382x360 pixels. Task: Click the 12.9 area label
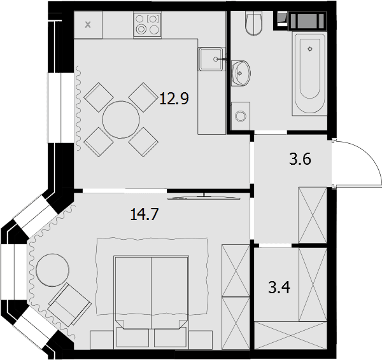pyautogui.click(x=174, y=99)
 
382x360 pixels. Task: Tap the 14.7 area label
pyautogui.click(x=145, y=214)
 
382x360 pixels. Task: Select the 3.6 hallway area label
pyautogui.click(x=300, y=160)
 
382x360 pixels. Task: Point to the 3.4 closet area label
pyautogui.click(x=279, y=287)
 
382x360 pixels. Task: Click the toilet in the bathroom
pyautogui.click(x=254, y=23)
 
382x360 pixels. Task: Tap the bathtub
pyautogui.click(x=310, y=74)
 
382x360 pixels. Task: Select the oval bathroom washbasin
pyautogui.click(x=241, y=73)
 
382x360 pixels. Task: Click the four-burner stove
pyautogui.click(x=148, y=25)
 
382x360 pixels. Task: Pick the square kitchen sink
pyautogui.click(x=210, y=59)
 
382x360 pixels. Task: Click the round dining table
pyautogui.click(x=121, y=120)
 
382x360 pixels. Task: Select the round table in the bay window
pyautogui.click(x=52, y=270)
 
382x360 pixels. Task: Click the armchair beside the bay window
pyautogui.click(x=69, y=305)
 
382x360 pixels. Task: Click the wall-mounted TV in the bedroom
pyautogui.click(x=204, y=198)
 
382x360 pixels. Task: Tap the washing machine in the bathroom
pyautogui.click(x=241, y=116)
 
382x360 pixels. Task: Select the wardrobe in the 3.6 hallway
pyautogui.click(x=313, y=215)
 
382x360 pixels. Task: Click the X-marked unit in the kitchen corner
pyautogui.click(x=88, y=25)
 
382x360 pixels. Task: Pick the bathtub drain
pyautogui.click(x=310, y=49)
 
